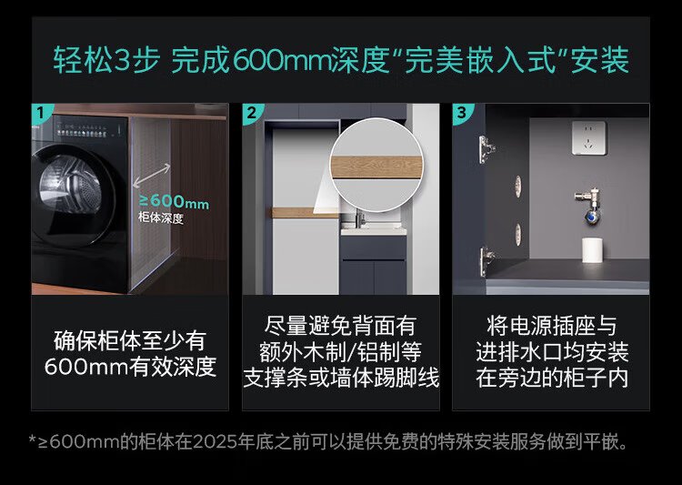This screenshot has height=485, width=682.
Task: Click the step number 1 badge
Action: pyautogui.click(x=40, y=113)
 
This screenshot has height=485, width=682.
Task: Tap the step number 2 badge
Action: pyautogui.click(x=251, y=113)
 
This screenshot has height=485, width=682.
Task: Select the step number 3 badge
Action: pyautogui.click(x=461, y=113)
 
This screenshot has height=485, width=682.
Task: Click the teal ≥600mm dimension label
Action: pyautogui.click(x=174, y=202)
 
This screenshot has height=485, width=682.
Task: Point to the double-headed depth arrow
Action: pyautogui.click(x=152, y=176)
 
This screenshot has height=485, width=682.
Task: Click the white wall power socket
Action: pyautogui.click(x=588, y=137)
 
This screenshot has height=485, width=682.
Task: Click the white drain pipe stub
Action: pyautogui.click(x=592, y=250)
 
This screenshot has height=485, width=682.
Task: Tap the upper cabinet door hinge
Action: pyautogui.click(x=486, y=149)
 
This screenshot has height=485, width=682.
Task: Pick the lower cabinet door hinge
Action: pyautogui.click(x=486, y=261)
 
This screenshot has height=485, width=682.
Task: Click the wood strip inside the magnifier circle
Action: pyautogui.click(x=376, y=167)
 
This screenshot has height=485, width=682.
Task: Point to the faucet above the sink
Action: pyautogui.click(x=360, y=217)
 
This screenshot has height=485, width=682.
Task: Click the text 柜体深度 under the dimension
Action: pyautogui.click(x=161, y=218)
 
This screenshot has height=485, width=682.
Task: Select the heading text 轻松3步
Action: pyautogui.click(x=106, y=60)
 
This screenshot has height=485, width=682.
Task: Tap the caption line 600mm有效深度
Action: pyautogui.click(x=130, y=367)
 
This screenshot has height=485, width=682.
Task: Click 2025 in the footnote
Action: pyautogui.click(x=215, y=442)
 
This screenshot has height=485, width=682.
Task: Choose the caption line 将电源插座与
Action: pyautogui.click(x=552, y=325)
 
